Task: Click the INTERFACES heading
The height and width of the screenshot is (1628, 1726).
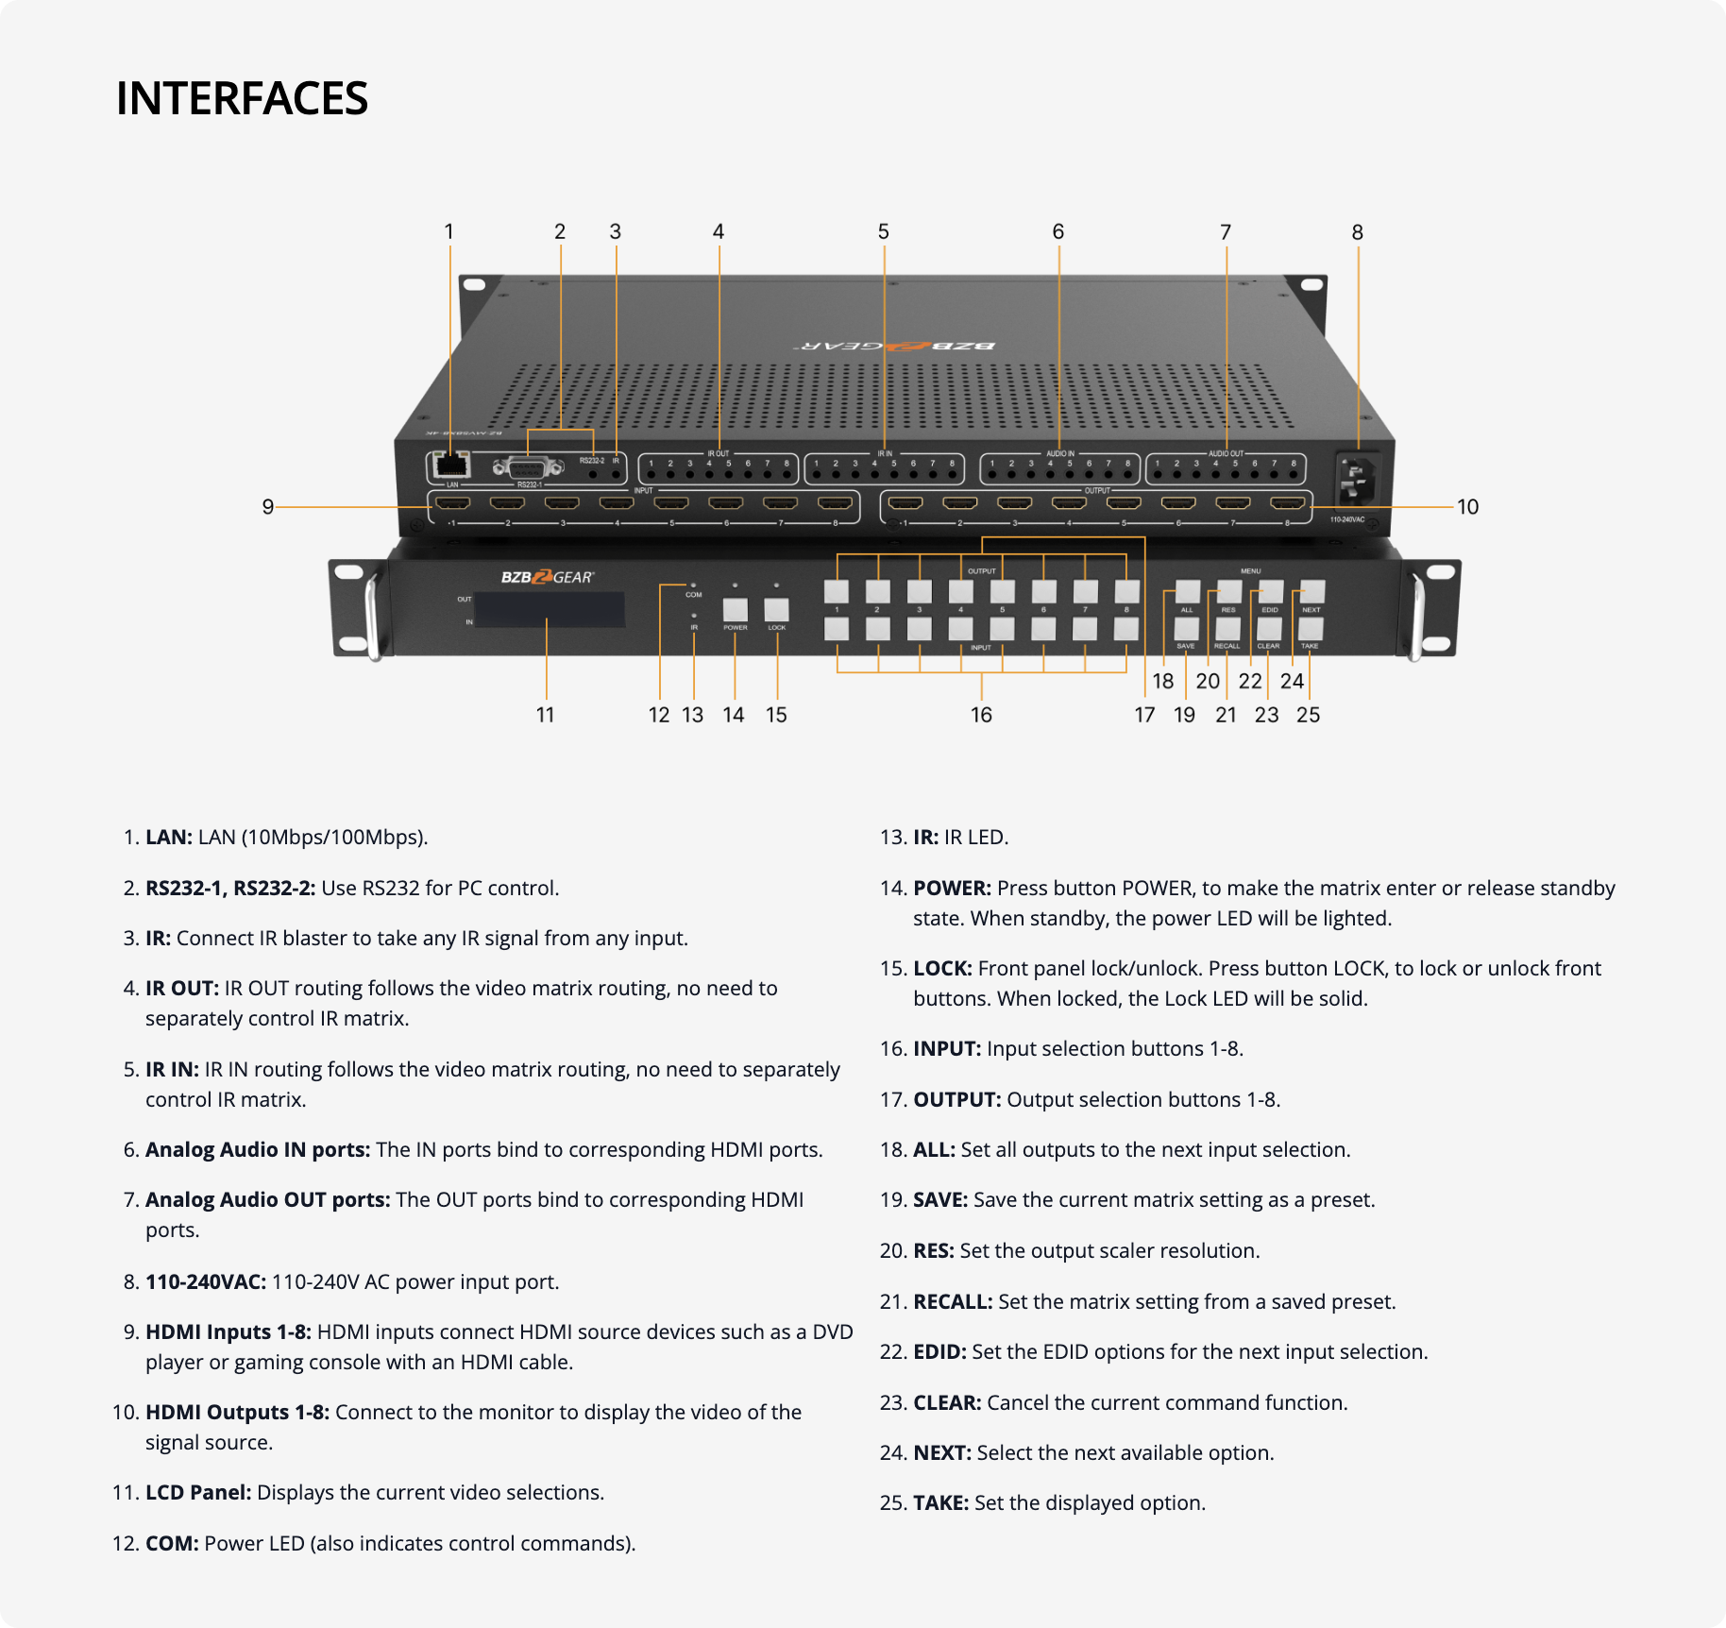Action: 242,98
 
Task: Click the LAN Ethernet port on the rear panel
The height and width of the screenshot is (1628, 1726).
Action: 451,465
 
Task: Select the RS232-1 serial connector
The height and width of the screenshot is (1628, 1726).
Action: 529,467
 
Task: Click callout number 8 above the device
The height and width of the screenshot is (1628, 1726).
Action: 1357,232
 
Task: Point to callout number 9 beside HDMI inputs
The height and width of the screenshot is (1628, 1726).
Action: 268,507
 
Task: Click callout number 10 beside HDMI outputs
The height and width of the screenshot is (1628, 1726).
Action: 1467,507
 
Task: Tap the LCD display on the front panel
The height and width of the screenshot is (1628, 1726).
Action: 549,610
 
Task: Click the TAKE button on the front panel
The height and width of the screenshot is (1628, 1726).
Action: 1311,629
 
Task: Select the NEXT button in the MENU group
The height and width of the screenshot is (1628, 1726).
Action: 1312,592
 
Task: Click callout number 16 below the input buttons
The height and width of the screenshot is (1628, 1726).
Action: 981,715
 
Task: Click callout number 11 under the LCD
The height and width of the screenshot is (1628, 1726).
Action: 546,715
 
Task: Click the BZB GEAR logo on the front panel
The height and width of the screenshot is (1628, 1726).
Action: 547,577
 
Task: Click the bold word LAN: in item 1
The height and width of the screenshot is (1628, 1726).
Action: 169,838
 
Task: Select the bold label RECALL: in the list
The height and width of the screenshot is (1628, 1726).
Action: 952,1302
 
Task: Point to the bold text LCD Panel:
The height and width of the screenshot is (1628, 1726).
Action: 198,1493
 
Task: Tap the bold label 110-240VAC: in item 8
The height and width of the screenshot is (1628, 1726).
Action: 206,1282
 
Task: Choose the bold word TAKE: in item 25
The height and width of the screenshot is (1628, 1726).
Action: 940,1503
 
